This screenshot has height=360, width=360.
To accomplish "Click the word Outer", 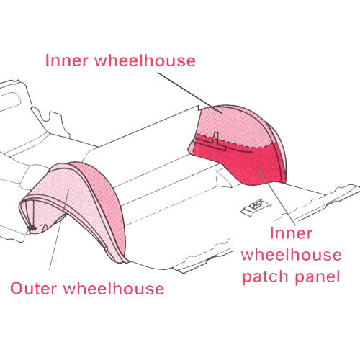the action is (33, 289).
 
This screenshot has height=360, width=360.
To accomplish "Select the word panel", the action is (318, 276).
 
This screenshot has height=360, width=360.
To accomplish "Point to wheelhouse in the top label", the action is (145, 60).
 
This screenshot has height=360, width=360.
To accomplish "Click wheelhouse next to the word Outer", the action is (114, 289).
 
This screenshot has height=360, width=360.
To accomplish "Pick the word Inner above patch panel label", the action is (291, 233).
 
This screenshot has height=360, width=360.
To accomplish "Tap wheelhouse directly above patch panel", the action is (291, 255).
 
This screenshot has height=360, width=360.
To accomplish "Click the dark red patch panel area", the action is (247, 163).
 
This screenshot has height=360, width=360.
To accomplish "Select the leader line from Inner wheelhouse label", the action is (190, 93).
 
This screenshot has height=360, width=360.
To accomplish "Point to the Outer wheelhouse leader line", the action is (59, 229).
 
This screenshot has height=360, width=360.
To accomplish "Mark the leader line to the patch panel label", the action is (276, 197).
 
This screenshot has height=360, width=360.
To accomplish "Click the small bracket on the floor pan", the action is (255, 207).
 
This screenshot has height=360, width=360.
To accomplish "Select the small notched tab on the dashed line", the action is (216, 138).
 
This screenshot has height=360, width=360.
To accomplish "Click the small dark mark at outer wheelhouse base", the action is (32, 228).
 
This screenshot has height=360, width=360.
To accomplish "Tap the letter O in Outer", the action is (17, 289).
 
